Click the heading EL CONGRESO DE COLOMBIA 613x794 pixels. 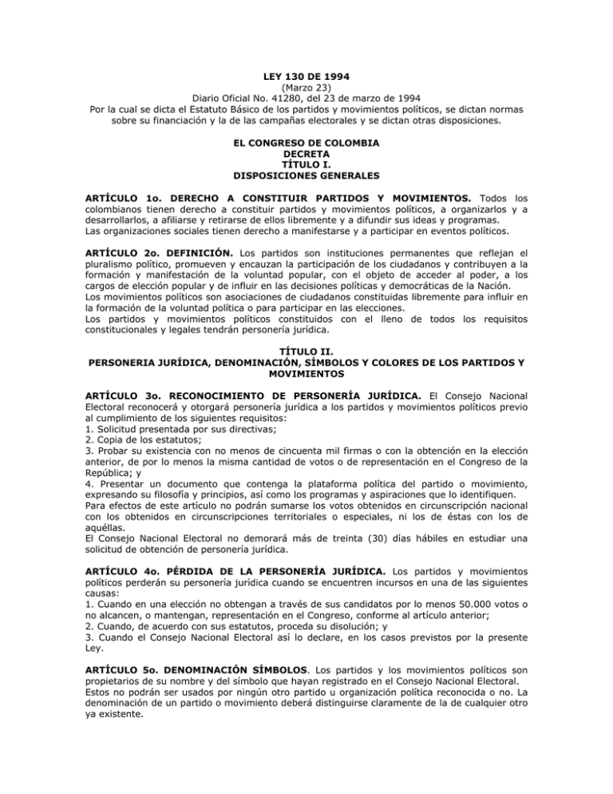pos(306,143)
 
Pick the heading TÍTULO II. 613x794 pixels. pos(306,351)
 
